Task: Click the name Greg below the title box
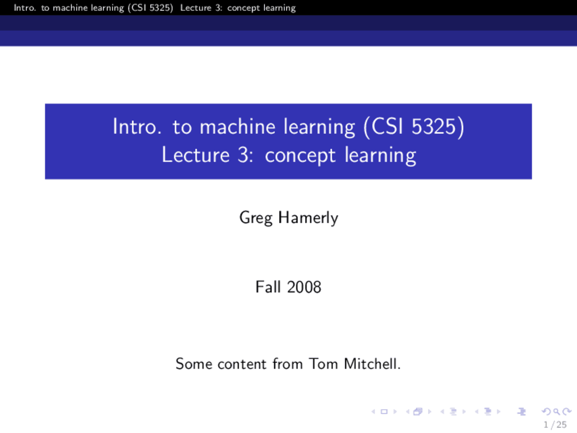tap(256, 218)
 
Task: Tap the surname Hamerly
tap(308, 218)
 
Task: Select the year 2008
tap(304, 287)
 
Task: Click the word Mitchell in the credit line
tap(372, 364)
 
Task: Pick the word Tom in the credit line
tap(323, 364)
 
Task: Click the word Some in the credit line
tap(194, 364)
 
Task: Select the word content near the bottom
tap(242, 364)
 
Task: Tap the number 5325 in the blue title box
tap(433, 126)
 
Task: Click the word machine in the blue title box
tap(238, 126)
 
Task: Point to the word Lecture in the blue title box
tap(196, 155)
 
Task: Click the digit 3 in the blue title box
tap(243, 155)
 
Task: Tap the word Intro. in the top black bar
tap(25, 8)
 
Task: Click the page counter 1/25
tap(554, 424)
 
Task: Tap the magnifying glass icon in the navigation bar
tap(556, 411)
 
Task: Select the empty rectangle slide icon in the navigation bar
tap(384, 411)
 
